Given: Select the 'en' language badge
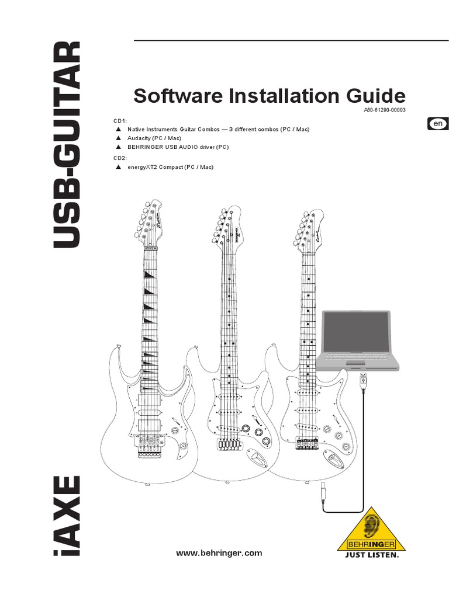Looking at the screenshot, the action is [x=438, y=124].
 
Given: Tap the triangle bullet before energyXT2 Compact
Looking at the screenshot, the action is [x=118, y=167].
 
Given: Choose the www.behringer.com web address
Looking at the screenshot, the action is [x=219, y=553].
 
